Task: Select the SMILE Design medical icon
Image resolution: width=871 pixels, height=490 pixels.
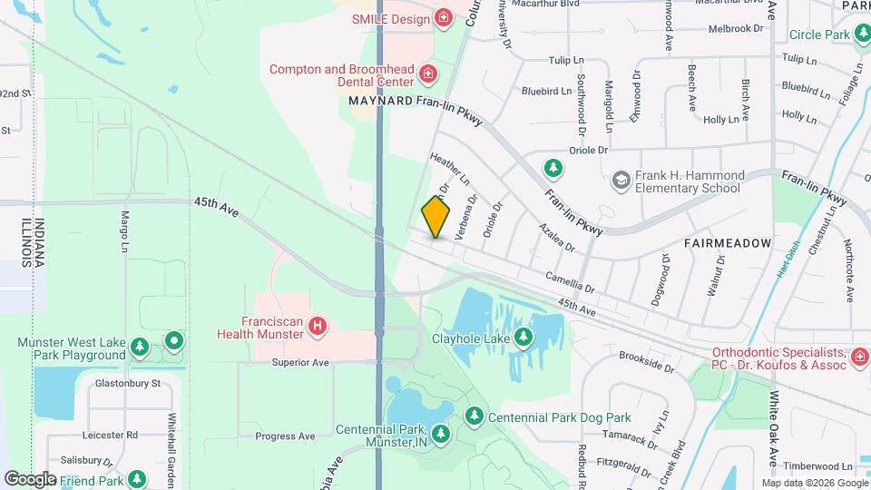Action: [x=443, y=17]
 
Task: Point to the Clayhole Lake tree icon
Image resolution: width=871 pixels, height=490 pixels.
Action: [x=524, y=338]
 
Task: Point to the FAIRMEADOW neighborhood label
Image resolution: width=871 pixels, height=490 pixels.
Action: [x=728, y=243]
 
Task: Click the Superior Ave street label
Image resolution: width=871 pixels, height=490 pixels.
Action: [x=299, y=362]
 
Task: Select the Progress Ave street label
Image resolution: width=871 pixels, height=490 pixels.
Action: [x=284, y=436]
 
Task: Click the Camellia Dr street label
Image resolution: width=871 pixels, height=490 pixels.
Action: [x=570, y=282]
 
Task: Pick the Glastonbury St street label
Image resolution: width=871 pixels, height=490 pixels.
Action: [x=127, y=383]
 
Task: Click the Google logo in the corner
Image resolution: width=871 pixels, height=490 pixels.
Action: [x=30, y=478]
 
